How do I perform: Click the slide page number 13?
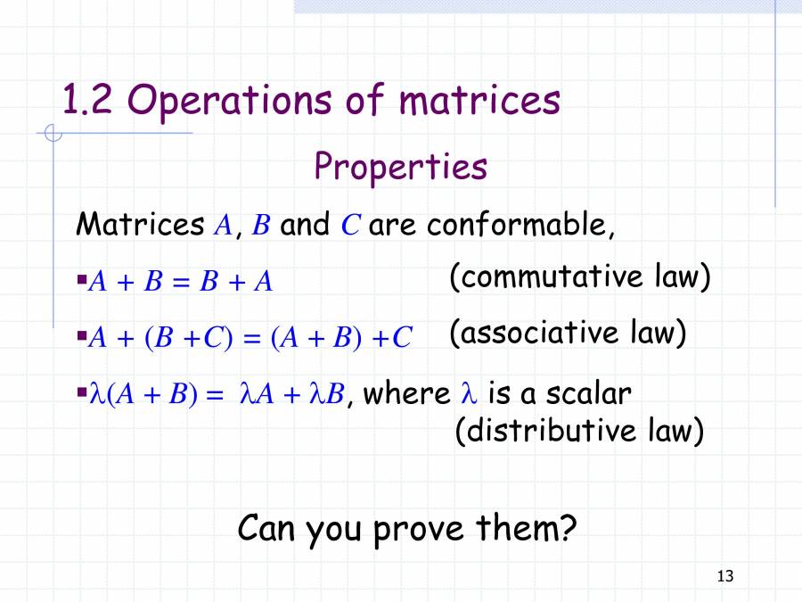(724, 576)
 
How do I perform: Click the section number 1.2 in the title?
(86, 101)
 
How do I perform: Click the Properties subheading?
(400, 167)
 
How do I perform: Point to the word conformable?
(520, 225)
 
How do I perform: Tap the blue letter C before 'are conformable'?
(350, 225)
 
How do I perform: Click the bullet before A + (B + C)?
(82, 337)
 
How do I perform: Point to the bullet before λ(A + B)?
(82, 392)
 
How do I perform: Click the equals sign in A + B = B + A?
(181, 283)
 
